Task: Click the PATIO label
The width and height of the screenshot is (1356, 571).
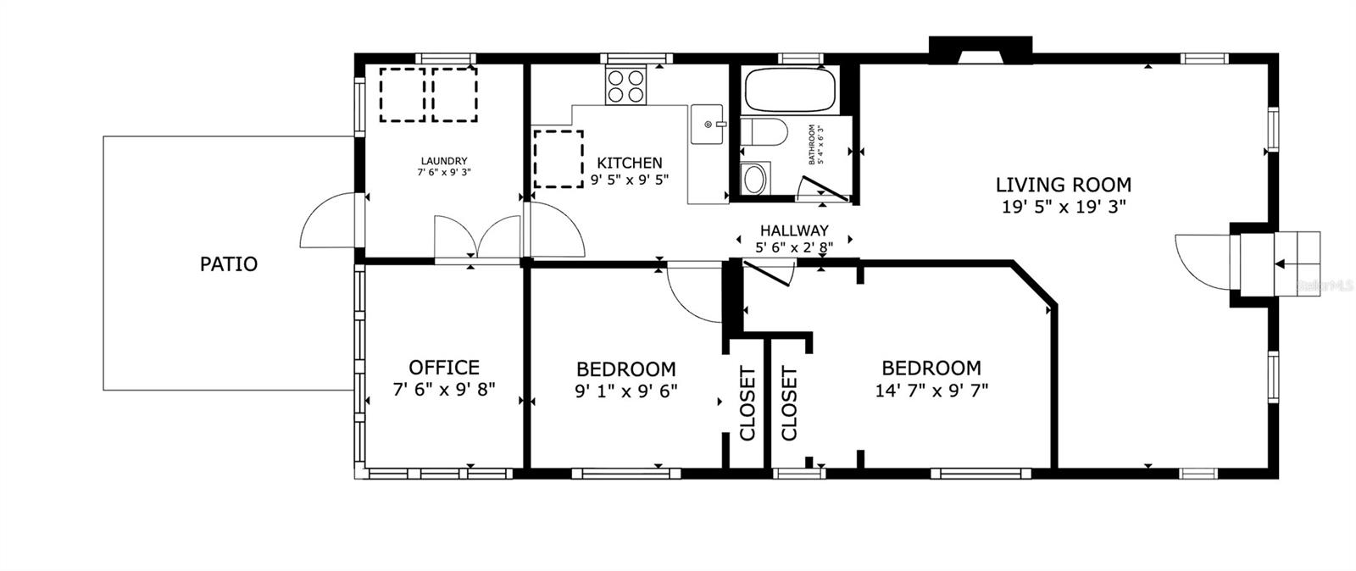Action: (x=228, y=264)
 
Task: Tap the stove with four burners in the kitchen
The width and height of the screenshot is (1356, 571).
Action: (x=625, y=86)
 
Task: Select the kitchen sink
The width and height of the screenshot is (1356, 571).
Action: (x=708, y=125)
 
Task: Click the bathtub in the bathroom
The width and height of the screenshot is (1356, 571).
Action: (x=790, y=91)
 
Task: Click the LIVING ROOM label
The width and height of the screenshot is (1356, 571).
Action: (x=1063, y=185)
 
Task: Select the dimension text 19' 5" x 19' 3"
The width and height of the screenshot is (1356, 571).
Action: (x=1063, y=207)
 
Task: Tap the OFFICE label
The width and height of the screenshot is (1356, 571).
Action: (x=443, y=368)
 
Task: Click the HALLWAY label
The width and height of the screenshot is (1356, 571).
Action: (x=793, y=230)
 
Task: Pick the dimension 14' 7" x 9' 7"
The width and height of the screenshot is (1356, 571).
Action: (x=931, y=391)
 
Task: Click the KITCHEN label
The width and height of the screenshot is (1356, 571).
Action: (x=630, y=163)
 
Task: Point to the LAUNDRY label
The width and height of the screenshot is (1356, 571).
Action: (x=444, y=161)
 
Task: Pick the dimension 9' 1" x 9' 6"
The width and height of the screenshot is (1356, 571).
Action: (x=625, y=391)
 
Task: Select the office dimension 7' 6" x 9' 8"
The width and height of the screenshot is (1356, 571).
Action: (x=443, y=390)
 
